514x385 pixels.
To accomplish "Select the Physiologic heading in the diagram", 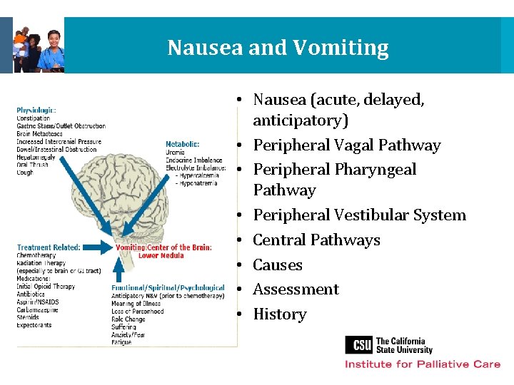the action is pyautogui.click(x=36, y=110).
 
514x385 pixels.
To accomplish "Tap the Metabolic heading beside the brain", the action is pyautogui.click(x=183, y=144).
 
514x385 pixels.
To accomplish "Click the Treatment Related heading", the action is pyautogui.click(x=49, y=247).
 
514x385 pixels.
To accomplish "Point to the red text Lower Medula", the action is pyautogui.click(x=161, y=255).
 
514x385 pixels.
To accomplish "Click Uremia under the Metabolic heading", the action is pyautogui.click(x=176, y=152).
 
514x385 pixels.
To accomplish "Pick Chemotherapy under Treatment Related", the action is pyautogui.click(x=36, y=255).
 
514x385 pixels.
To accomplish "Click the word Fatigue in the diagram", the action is pyautogui.click(x=121, y=342).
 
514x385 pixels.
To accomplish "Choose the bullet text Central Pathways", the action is pyautogui.click(x=316, y=240).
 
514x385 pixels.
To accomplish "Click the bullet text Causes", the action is pyautogui.click(x=278, y=265).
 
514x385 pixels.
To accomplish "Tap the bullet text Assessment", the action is pyautogui.click(x=296, y=289).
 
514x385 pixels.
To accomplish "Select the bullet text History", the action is pyautogui.click(x=280, y=314).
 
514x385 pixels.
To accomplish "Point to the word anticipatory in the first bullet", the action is pyautogui.click(x=301, y=120).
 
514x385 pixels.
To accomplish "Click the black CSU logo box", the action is pyautogui.click(x=358, y=345).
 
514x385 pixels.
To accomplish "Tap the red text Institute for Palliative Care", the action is pyautogui.click(x=423, y=364).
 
